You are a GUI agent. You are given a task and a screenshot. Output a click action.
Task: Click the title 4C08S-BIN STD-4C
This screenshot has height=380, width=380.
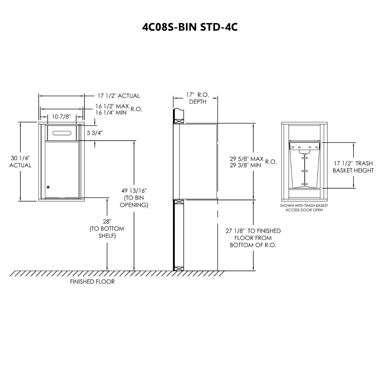pyautogui.click(x=190, y=27)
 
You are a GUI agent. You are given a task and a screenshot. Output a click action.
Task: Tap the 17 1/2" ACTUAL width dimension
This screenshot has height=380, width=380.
pyautogui.click(x=119, y=96)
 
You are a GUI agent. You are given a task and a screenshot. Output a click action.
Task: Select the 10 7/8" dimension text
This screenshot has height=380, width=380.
pyautogui.click(x=61, y=117)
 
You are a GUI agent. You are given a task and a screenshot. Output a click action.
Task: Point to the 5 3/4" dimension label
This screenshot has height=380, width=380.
pyautogui.click(x=95, y=133)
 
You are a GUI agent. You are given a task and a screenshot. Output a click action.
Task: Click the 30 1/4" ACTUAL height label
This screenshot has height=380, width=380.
pyautogui.click(x=20, y=161)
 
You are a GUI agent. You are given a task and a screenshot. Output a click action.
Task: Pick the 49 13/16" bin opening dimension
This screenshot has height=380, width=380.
pyautogui.click(x=134, y=198)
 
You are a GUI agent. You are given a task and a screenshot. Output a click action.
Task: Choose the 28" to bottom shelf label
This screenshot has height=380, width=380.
pyautogui.click(x=107, y=229)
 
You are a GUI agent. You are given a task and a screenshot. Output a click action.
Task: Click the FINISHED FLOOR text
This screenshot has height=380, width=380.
pyautogui.click(x=92, y=281)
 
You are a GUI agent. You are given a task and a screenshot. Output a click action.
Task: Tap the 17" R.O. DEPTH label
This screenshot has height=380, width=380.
pyautogui.click(x=198, y=98)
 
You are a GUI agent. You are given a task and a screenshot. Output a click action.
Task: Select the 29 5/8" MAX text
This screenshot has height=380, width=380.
pyautogui.click(x=246, y=159)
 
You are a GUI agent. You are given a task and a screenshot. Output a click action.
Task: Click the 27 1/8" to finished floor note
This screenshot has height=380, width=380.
pyautogui.click(x=253, y=238)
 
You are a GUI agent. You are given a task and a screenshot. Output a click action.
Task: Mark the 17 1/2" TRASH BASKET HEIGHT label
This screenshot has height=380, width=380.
pyautogui.click(x=353, y=167)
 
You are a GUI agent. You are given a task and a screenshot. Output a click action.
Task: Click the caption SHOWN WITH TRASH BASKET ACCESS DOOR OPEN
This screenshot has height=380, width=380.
pyautogui.click(x=304, y=208)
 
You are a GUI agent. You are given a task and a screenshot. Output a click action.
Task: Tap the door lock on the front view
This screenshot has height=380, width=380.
pyautogui.click(x=48, y=187)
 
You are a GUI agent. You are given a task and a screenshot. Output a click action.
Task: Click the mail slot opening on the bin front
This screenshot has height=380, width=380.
pyautogui.click(x=62, y=133)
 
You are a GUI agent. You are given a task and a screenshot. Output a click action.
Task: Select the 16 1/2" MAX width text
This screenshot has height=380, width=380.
pyautogui.click(x=112, y=106)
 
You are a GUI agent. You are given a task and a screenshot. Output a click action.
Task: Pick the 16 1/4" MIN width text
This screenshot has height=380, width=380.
pyautogui.click(x=111, y=113)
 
